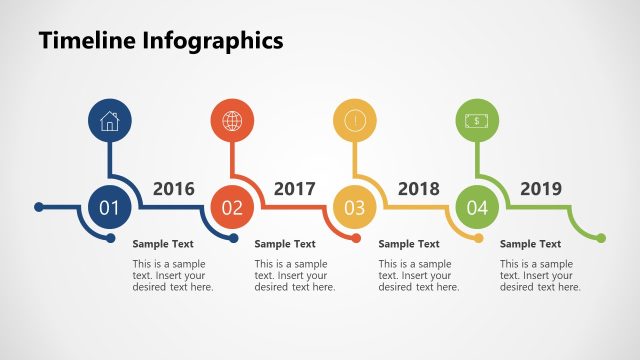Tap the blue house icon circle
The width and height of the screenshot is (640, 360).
tap(109, 121)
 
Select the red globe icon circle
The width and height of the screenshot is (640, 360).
tap(232, 121)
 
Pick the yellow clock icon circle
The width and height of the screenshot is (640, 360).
tap(354, 121)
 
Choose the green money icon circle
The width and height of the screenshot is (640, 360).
tap(477, 121)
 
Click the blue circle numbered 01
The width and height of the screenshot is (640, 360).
tap(109, 208)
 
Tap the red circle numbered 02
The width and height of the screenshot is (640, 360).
tap(232, 208)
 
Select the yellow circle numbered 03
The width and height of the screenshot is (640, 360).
tap(354, 208)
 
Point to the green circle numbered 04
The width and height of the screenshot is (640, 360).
tap(477, 208)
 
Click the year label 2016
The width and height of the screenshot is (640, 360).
tap(173, 189)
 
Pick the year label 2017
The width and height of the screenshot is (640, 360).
tap(295, 189)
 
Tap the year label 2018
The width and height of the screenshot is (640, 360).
tap(419, 189)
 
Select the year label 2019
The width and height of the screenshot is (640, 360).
tap(541, 189)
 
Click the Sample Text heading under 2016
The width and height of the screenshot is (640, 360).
tap(163, 244)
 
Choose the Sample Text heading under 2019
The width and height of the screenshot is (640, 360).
tap(530, 244)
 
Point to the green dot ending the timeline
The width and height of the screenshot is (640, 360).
tap(601, 238)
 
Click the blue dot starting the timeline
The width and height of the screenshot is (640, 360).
tap(39, 208)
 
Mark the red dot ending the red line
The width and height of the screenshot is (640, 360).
tap(356, 238)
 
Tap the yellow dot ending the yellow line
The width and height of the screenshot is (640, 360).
tap(479, 238)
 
